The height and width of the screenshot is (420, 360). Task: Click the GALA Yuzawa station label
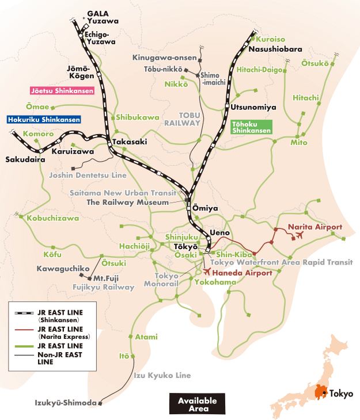(x=103, y=17)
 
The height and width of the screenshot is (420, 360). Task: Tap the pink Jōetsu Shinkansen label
(x=62, y=91)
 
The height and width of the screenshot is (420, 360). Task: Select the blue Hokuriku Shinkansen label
(x=44, y=120)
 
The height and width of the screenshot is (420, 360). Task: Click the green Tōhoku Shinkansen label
(x=251, y=127)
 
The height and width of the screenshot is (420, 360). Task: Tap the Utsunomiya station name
(x=253, y=108)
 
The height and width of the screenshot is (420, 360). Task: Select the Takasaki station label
(x=130, y=142)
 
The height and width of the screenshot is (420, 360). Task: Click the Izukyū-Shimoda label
(x=65, y=402)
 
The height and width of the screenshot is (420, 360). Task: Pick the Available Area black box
(x=197, y=404)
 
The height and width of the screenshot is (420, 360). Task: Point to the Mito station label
(x=298, y=142)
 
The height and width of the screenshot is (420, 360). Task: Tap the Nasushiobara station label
(x=275, y=49)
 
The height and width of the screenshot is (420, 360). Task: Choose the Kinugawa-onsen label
(x=164, y=58)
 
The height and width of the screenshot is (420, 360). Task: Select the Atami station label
(x=146, y=337)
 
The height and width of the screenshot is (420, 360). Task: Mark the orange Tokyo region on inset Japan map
(x=320, y=392)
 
